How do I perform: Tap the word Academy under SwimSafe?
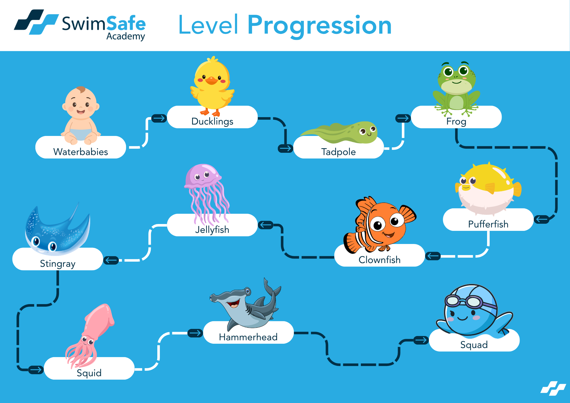click(126, 36)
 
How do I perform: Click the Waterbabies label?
click(81, 152)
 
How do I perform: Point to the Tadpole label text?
click(339, 152)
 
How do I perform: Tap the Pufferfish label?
click(488, 224)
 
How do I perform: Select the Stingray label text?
click(58, 264)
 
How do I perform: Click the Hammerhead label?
click(248, 337)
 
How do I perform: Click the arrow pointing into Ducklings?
click(159, 118)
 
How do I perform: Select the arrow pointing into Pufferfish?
click(541, 219)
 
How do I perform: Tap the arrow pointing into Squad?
click(421, 340)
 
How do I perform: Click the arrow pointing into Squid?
click(36, 370)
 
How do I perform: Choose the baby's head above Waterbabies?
click(81, 103)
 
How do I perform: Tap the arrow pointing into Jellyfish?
click(266, 225)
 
